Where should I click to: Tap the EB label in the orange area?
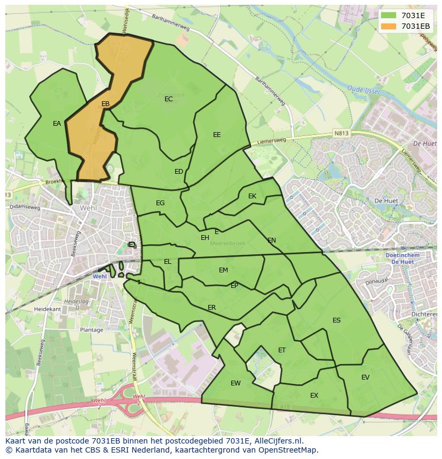(106, 104)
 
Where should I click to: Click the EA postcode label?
(57, 124)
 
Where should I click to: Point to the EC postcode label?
(169, 99)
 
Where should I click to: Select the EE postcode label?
(217, 135)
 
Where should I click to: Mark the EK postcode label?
(252, 196)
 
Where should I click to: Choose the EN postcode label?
(272, 240)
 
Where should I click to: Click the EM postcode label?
(223, 270)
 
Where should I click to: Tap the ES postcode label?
(336, 320)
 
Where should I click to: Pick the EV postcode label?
(365, 377)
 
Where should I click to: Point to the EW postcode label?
(235, 383)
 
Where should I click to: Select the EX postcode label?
(314, 396)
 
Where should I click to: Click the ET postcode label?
(282, 350)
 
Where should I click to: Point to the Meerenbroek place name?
(227, 243)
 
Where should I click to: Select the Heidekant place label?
(47, 309)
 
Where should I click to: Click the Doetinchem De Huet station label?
(402, 259)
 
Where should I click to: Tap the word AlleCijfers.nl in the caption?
(277, 441)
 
